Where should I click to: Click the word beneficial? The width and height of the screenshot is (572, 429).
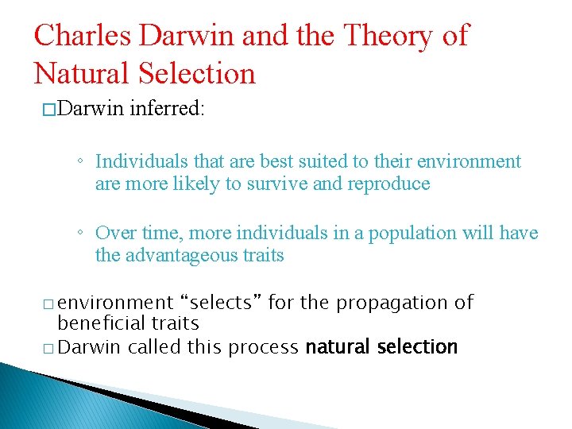point(95,323)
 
